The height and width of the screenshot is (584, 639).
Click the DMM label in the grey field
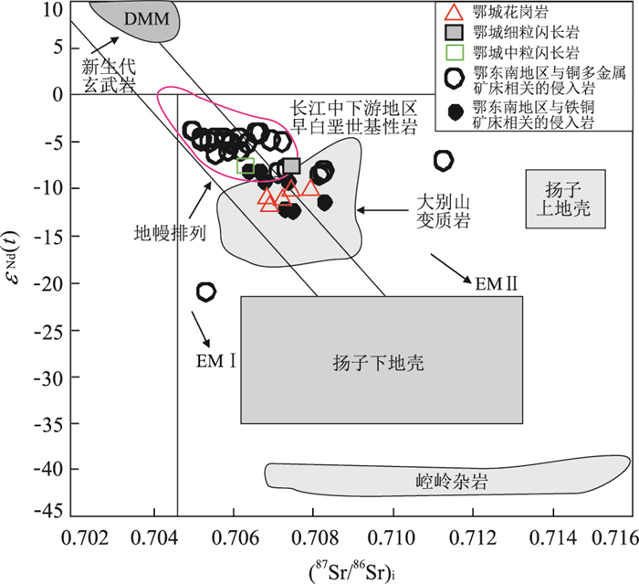tap(147, 19)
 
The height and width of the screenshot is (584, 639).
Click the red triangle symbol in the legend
tap(454, 12)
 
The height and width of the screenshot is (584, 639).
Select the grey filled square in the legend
tap(455, 33)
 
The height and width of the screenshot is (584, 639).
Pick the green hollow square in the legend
tap(455, 52)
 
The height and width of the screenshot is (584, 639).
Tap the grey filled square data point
tap(291, 166)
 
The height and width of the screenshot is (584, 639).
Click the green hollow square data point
tap(246, 165)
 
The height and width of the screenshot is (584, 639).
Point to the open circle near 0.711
tap(444, 161)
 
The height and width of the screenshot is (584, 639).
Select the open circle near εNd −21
tap(205, 292)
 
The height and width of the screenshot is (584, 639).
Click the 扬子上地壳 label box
tap(565, 198)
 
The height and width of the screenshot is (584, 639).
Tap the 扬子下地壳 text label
tap(378, 363)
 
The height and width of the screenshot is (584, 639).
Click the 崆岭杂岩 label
tap(452, 481)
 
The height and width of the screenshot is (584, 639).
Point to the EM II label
tap(497, 283)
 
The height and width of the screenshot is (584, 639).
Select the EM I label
tap(216, 361)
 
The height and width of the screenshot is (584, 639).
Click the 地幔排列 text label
tap(170, 234)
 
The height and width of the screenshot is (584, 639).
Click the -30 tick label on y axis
tap(49, 377)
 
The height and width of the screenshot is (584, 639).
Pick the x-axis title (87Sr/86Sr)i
tap(353, 571)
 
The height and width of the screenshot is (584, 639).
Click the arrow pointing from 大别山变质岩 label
tap(382, 210)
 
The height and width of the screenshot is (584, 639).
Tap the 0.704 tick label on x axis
tap(154, 538)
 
